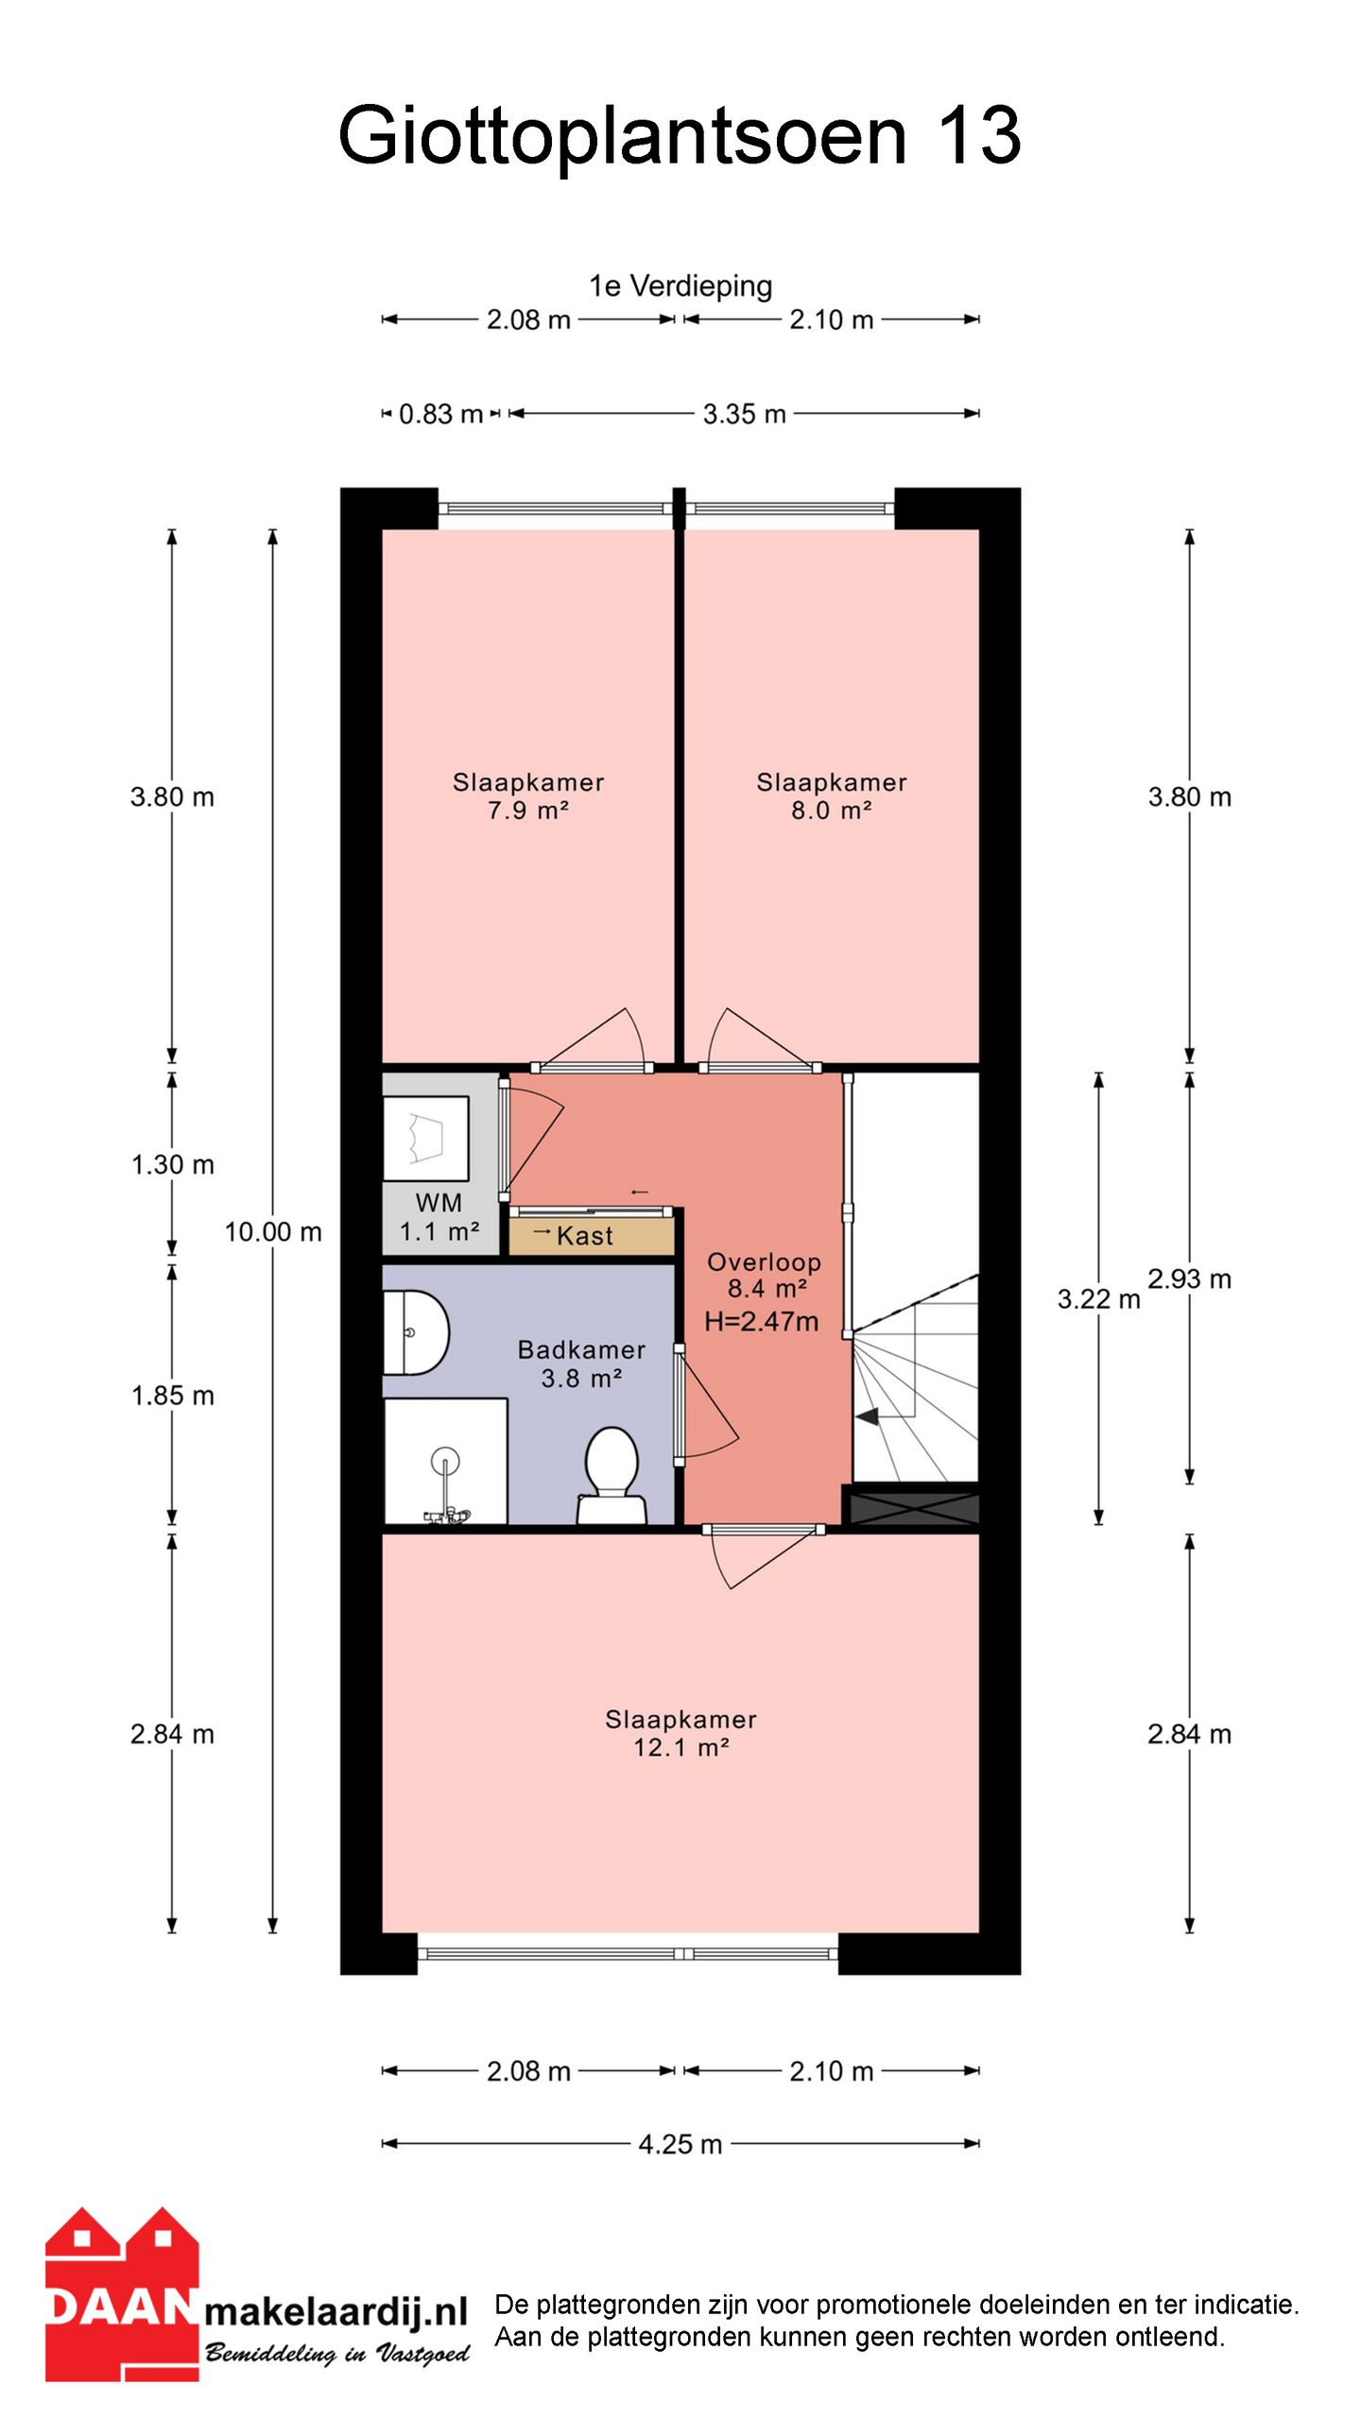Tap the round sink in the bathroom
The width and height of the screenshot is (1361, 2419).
(x=415, y=1332)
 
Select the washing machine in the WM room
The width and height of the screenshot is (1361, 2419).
(x=426, y=1139)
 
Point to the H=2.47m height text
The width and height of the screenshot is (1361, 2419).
(x=761, y=1321)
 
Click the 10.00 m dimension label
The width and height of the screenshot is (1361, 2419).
(x=273, y=1232)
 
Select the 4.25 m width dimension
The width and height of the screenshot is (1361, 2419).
(x=680, y=2144)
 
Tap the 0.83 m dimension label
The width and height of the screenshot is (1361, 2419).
(x=440, y=414)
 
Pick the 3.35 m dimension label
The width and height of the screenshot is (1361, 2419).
(x=744, y=414)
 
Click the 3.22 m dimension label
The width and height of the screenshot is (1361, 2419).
(x=1098, y=1299)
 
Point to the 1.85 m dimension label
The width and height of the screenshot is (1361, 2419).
(x=172, y=1396)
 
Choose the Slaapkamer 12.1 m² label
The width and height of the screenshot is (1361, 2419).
(x=680, y=1733)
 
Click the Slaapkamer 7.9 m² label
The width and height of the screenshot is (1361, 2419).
(x=528, y=796)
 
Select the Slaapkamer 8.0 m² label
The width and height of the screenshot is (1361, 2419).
(x=832, y=796)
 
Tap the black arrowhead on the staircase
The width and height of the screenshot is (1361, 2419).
(x=867, y=1416)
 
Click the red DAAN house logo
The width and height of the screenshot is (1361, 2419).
(x=122, y=2294)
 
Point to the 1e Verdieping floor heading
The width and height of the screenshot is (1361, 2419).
(x=680, y=285)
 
